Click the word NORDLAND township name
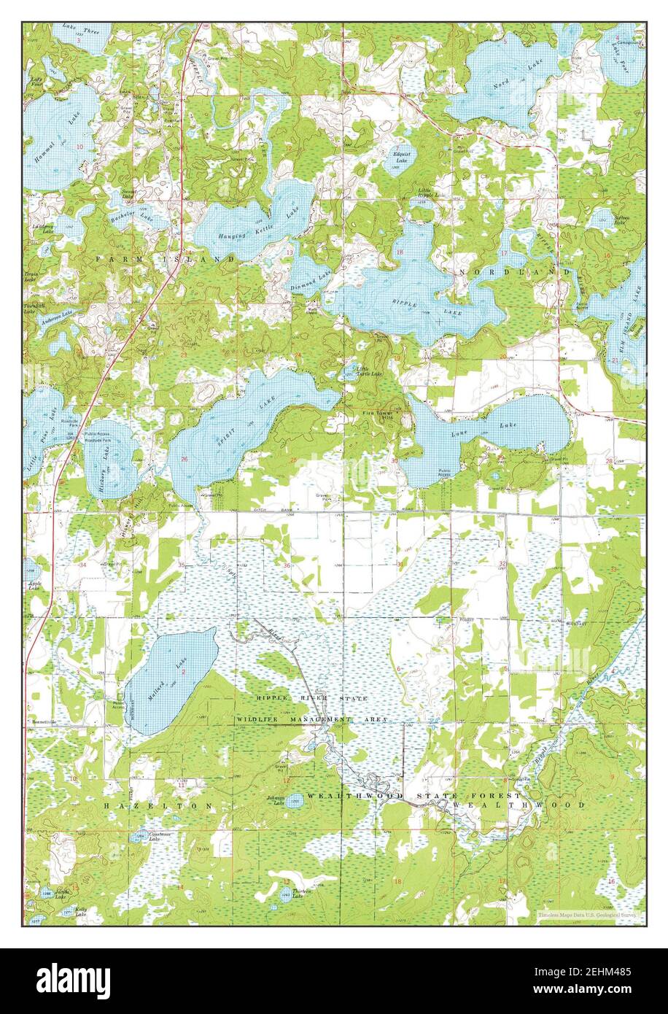[494, 271]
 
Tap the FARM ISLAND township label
[163, 258]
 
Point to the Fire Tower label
[379, 414]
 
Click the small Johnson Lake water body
[294, 800]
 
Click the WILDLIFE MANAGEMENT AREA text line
[311, 719]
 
